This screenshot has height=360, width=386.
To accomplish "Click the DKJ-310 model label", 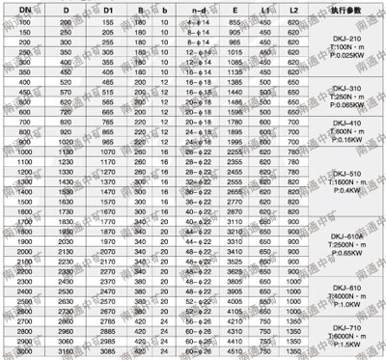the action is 343,89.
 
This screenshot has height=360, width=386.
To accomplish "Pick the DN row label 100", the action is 22,20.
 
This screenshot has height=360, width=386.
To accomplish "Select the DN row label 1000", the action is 22,151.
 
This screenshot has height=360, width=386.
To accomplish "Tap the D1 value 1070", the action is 109,151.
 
